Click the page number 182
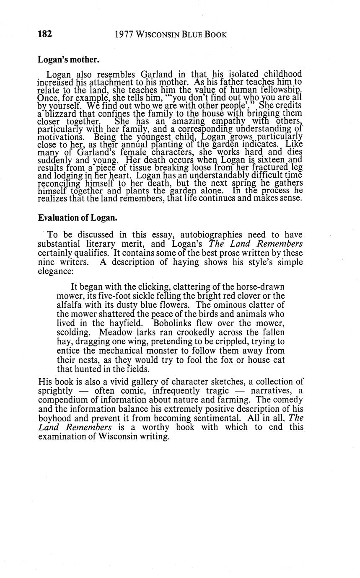coord(45,34)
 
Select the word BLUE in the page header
coord(192,35)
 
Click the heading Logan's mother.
coord(68,59)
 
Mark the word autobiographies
coord(187,235)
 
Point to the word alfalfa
coord(70,305)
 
